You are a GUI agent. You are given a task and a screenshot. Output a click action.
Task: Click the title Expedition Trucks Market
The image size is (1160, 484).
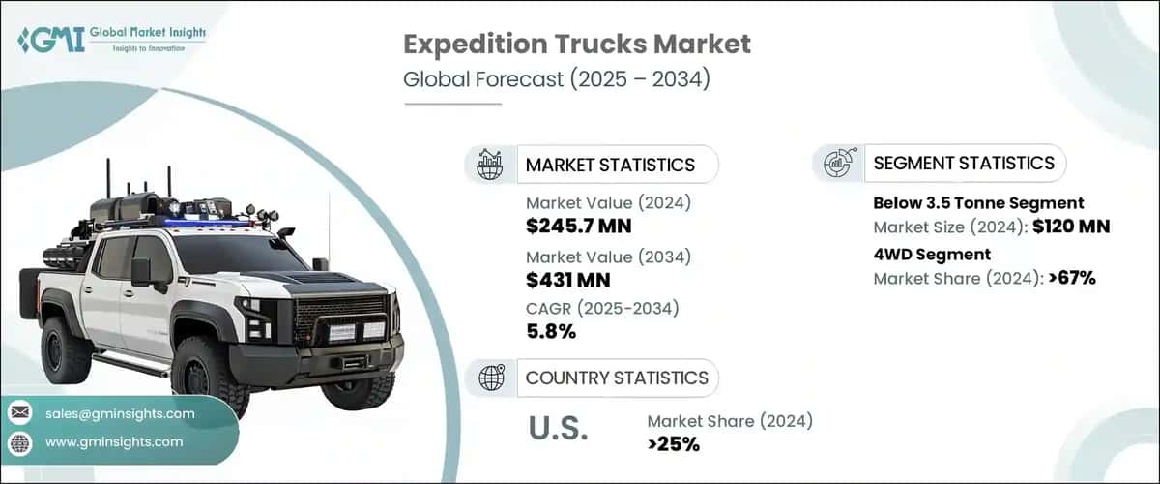pos(577,45)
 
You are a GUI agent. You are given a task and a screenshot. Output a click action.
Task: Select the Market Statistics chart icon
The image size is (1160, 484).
pos(489,165)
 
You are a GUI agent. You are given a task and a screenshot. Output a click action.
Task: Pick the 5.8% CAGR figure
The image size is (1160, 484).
pos(551,332)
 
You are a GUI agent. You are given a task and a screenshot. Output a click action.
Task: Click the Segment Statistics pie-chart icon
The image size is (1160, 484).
pos(836,164)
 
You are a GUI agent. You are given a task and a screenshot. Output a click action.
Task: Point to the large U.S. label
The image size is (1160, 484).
pos(559,429)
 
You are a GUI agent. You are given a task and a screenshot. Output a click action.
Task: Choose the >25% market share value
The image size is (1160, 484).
pos(674,444)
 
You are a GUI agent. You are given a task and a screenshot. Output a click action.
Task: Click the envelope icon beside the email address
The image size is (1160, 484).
pos(20,413)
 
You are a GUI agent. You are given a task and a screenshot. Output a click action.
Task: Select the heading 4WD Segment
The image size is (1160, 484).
pos(932,255)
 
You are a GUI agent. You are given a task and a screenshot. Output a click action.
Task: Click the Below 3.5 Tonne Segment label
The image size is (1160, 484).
pos(978,203)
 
